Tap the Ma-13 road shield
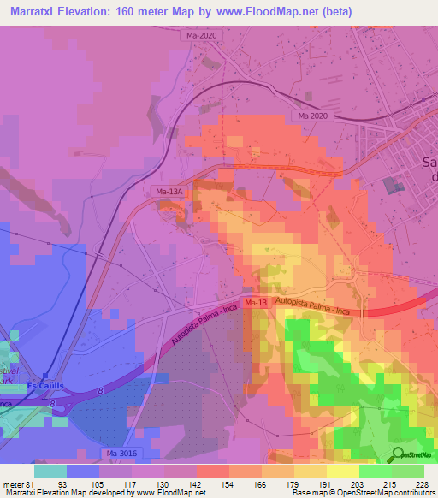255,303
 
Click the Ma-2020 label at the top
202,36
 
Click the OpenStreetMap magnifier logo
397,454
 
